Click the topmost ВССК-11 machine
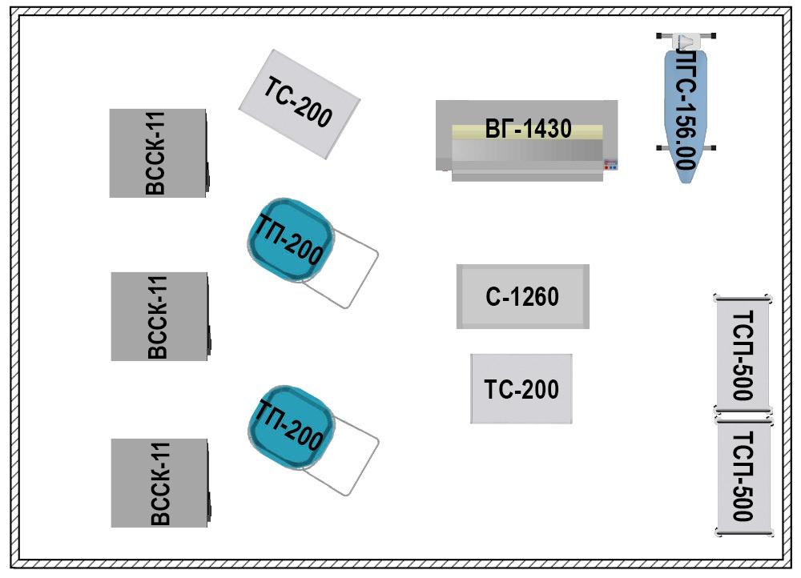(x=158, y=153)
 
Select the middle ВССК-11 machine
(x=159, y=316)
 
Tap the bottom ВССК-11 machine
(x=159, y=483)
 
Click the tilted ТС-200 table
(x=299, y=104)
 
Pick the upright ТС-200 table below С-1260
(x=521, y=389)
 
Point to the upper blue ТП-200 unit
(x=289, y=240)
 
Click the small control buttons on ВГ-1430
(x=610, y=165)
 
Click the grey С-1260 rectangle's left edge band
(x=461, y=297)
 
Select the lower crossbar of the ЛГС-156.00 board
(x=685, y=148)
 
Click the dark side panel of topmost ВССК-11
(x=207, y=152)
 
